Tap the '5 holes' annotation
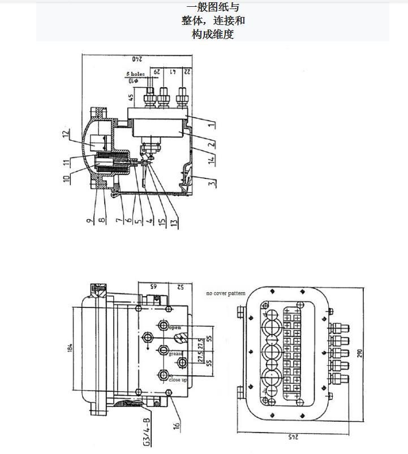click(135, 74)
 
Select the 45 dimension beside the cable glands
click(131, 97)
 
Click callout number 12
click(66, 135)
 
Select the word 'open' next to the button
click(175, 328)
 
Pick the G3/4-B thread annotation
click(146, 432)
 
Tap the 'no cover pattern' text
click(225, 293)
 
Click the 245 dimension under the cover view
click(292, 437)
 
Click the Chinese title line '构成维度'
click(212, 35)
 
